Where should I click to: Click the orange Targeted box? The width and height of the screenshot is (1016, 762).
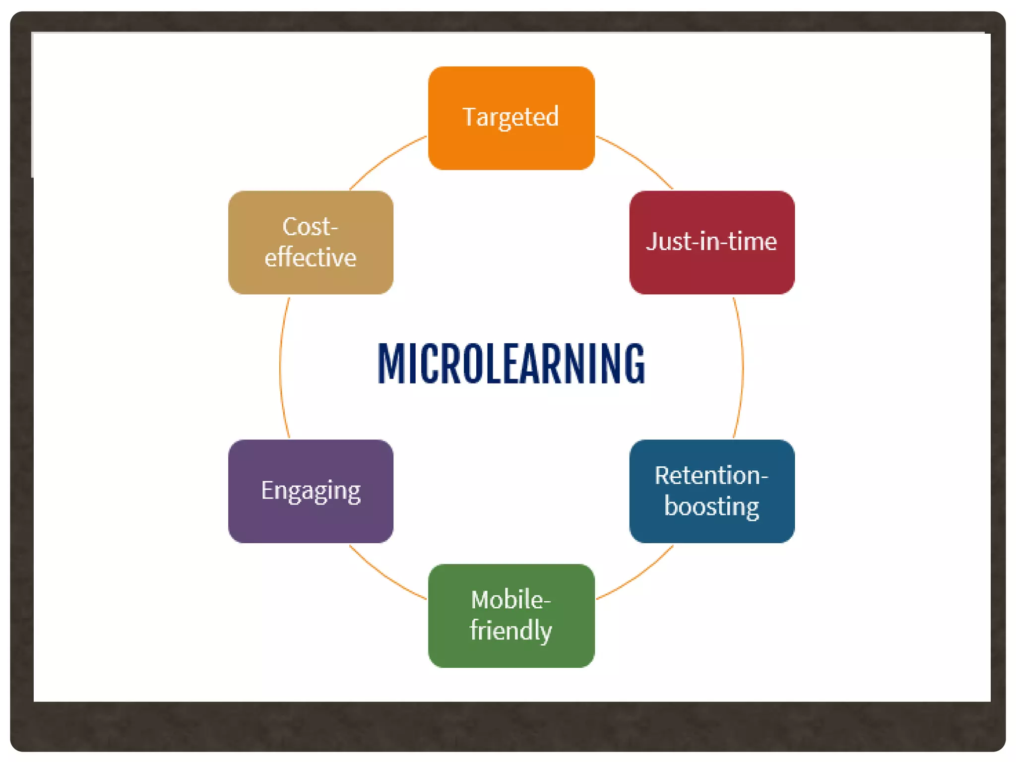pos(511,149)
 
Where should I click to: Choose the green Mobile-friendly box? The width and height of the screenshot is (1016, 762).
pos(511,655)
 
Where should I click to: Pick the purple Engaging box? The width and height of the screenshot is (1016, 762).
pos(311,521)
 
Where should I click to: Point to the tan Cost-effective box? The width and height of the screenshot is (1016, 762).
pos(311,283)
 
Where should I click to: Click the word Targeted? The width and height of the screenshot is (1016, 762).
pos(511,117)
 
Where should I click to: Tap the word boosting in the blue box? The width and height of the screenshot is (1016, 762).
pos(711,507)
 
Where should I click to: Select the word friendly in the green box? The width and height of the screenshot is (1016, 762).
pos(511,631)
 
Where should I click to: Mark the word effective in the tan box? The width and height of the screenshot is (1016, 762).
pos(311,257)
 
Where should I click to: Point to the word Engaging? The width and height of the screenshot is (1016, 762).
pos(311,491)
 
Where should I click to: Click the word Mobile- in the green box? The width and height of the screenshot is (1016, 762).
pos(511,600)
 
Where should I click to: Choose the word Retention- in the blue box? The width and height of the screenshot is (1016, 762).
pos(711,475)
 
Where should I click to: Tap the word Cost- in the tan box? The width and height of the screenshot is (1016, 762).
pos(311,227)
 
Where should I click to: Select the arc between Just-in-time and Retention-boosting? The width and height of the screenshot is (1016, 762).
pos(743,367)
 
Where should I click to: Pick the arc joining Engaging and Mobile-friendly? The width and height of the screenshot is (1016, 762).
pos(384,576)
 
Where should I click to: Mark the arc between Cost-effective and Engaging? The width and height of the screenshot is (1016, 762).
pos(280,367)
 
